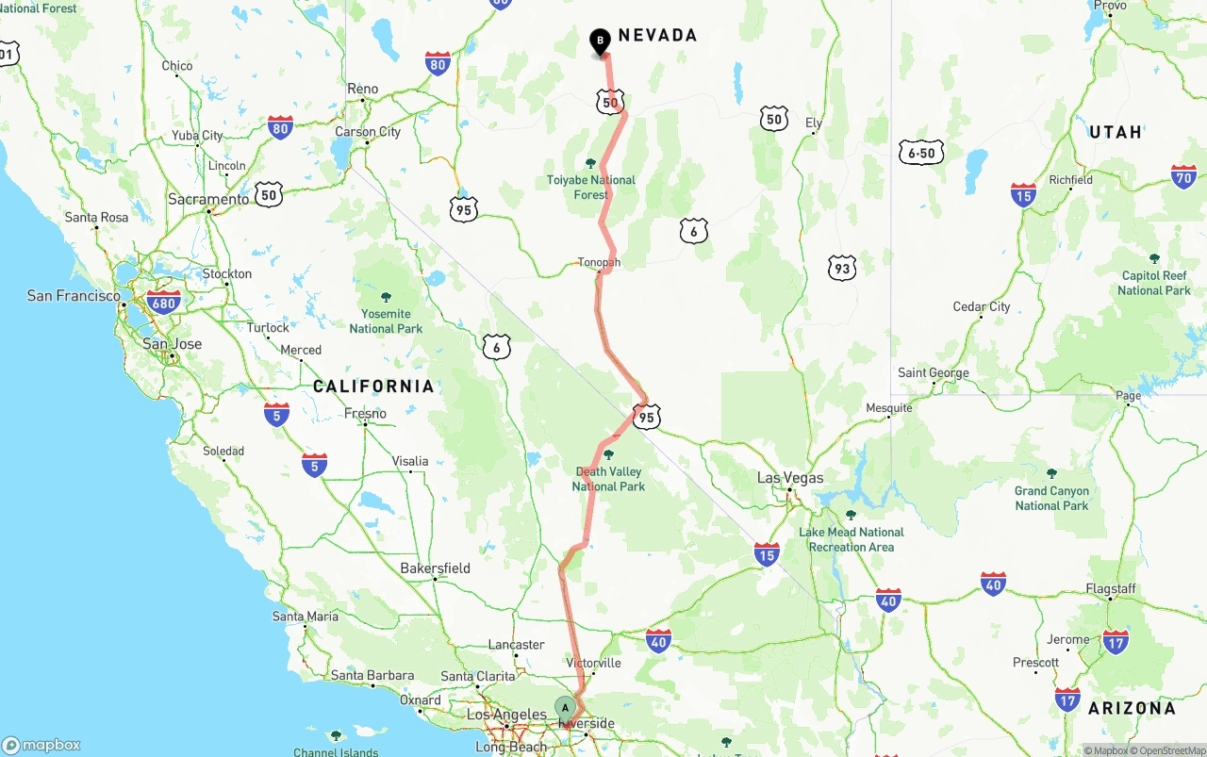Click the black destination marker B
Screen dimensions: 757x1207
tap(600, 41)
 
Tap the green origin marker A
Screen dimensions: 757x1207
tap(565, 708)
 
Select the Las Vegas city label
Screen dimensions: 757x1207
tap(790, 478)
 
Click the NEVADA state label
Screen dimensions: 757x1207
tap(657, 36)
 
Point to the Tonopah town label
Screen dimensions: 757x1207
tap(599, 263)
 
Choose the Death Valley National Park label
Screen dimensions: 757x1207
tap(608, 479)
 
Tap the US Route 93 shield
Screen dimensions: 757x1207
tap(842, 268)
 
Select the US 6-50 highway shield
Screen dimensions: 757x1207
tap(921, 153)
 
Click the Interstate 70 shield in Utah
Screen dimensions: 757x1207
tap(1183, 176)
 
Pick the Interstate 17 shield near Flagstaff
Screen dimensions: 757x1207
tap(1116, 643)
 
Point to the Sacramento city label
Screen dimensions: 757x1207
tap(208, 200)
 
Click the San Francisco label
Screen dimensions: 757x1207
tap(74, 296)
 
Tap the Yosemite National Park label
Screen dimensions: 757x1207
tap(386, 321)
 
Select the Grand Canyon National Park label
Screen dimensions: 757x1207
tap(1051, 498)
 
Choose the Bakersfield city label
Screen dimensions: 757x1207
tap(435, 568)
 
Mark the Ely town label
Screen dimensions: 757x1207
tap(814, 123)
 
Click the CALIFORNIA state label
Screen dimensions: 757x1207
tap(373, 387)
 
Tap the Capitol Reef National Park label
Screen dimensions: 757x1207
tap(1154, 283)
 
